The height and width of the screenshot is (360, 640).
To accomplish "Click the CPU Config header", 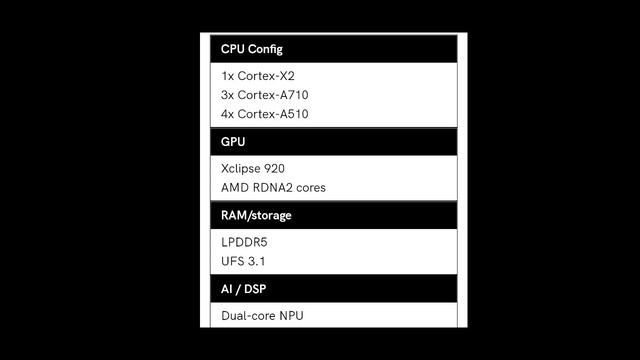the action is [252, 49].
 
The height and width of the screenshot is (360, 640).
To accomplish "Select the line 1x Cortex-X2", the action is [258, 75].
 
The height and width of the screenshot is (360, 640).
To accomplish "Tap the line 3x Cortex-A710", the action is [265, 94].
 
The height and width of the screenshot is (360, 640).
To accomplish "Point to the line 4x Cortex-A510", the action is [265, 114].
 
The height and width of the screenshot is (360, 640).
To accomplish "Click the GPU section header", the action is [233, 142].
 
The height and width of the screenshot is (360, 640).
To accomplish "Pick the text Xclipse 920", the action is [252, 168].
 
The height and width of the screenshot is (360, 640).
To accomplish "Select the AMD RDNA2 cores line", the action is [273, 187].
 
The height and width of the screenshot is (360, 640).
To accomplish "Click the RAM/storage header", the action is [256, 215].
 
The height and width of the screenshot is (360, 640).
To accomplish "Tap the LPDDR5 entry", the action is [244, 241].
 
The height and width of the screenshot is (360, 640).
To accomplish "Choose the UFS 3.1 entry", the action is [243, 261].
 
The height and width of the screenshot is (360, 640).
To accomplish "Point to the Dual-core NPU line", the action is [262, 316].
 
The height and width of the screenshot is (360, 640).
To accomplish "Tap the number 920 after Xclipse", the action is [273, 168].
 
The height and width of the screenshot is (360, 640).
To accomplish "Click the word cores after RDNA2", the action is [309, 187].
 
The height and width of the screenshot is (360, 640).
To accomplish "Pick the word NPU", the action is [291, 316].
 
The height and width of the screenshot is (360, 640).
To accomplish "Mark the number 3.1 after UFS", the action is [256, 261].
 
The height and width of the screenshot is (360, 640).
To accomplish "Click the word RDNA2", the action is [271, 187].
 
